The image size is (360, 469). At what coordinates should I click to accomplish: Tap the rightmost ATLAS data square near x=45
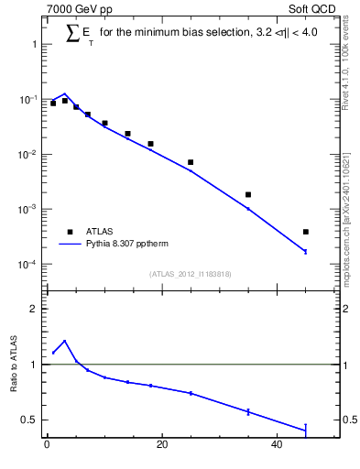point(306,232)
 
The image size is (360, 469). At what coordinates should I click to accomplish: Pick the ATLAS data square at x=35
point(248,194)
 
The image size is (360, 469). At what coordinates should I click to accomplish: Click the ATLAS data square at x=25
point(191,162)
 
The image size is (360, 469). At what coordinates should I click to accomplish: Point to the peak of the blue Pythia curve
point(64,94)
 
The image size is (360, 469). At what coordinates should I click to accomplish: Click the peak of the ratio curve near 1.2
point(64,341)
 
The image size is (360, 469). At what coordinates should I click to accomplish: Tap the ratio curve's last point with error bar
point(306,428)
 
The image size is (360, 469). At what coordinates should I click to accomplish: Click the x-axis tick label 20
point(162,446)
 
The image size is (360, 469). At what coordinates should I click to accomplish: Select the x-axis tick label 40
point(278,446)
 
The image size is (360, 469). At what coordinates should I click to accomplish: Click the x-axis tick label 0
point(47,446)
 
